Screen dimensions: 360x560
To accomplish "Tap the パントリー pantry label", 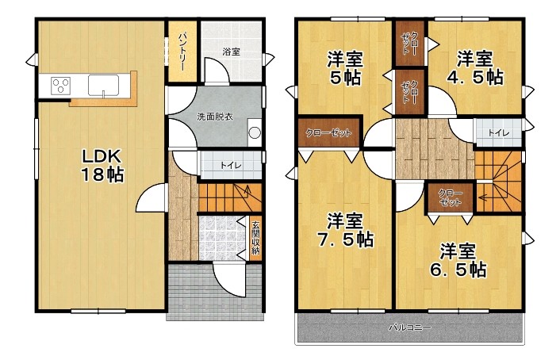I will [x=182, y=49].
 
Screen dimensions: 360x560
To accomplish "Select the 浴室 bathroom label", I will [x=231, y=52].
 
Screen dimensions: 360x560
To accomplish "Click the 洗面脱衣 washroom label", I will [x=214, y=117].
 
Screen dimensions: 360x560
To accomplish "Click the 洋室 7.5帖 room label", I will [x=346, y=229].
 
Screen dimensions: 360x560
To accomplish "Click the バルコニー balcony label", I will [x=409, y=327].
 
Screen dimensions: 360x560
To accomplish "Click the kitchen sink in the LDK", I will [x=103, y=83].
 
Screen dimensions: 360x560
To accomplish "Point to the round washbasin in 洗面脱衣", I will [x=254, y=133].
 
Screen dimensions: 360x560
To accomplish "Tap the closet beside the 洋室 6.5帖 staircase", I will [x=450, y=197].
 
